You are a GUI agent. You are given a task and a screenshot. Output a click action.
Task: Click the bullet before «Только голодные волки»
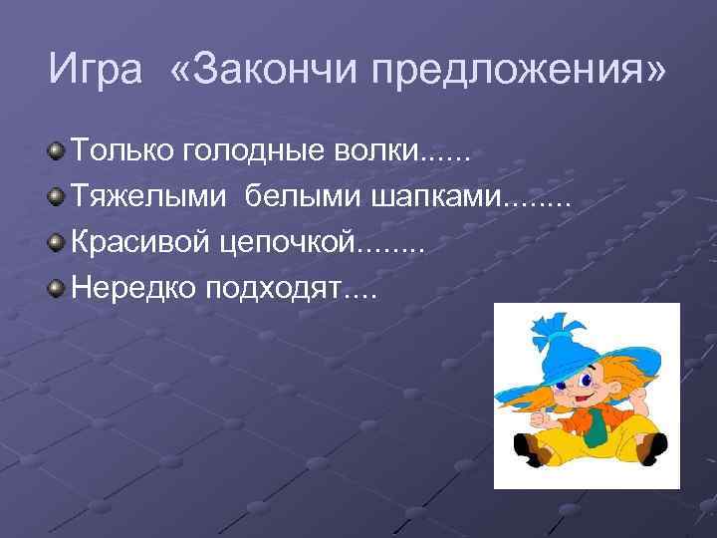click(x=57, y=152)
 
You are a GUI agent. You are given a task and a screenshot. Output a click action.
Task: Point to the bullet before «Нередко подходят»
click(x=57, y=289)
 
